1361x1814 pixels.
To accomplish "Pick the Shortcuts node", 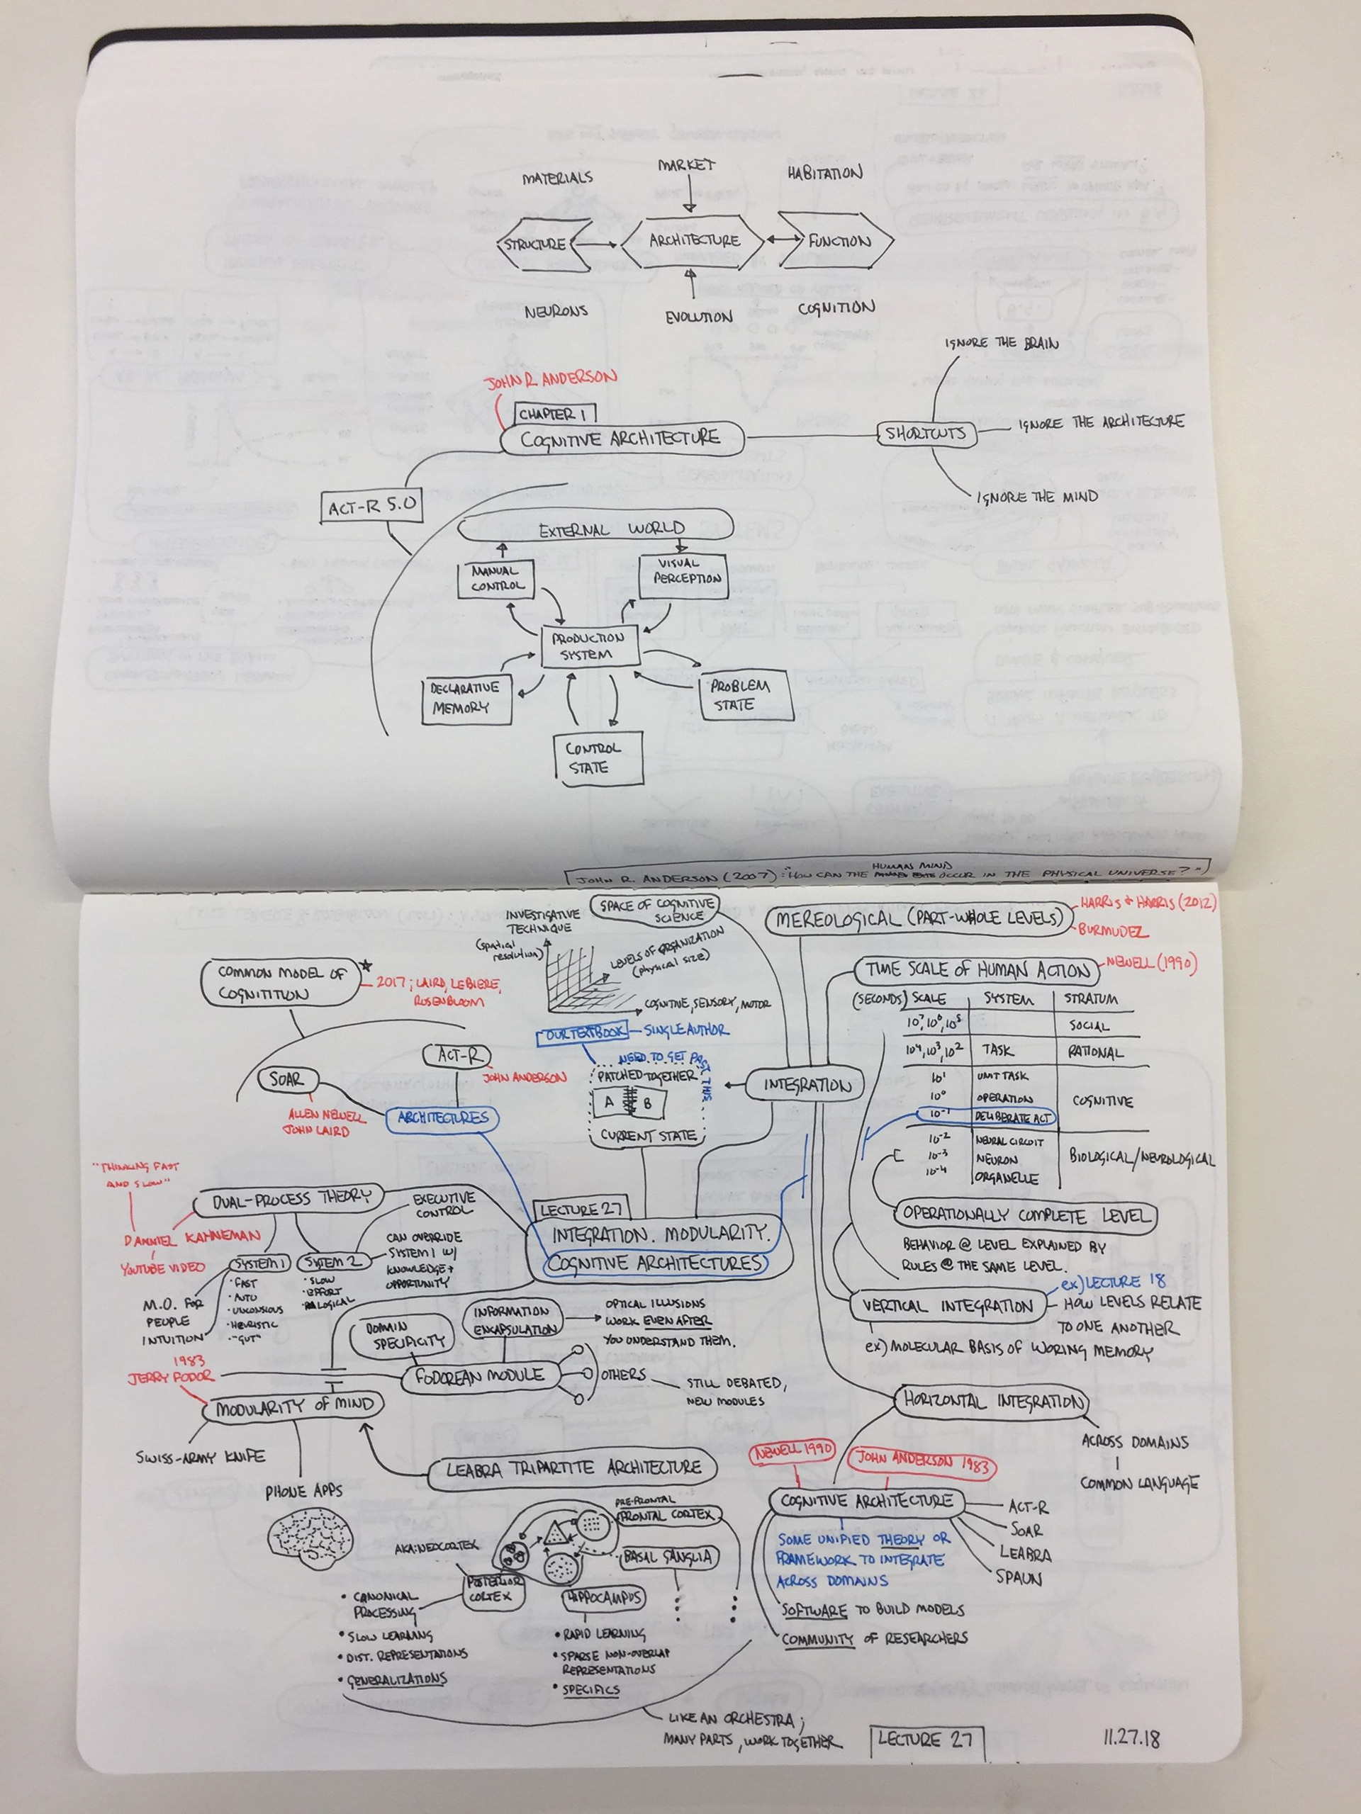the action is tap(927, 434).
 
